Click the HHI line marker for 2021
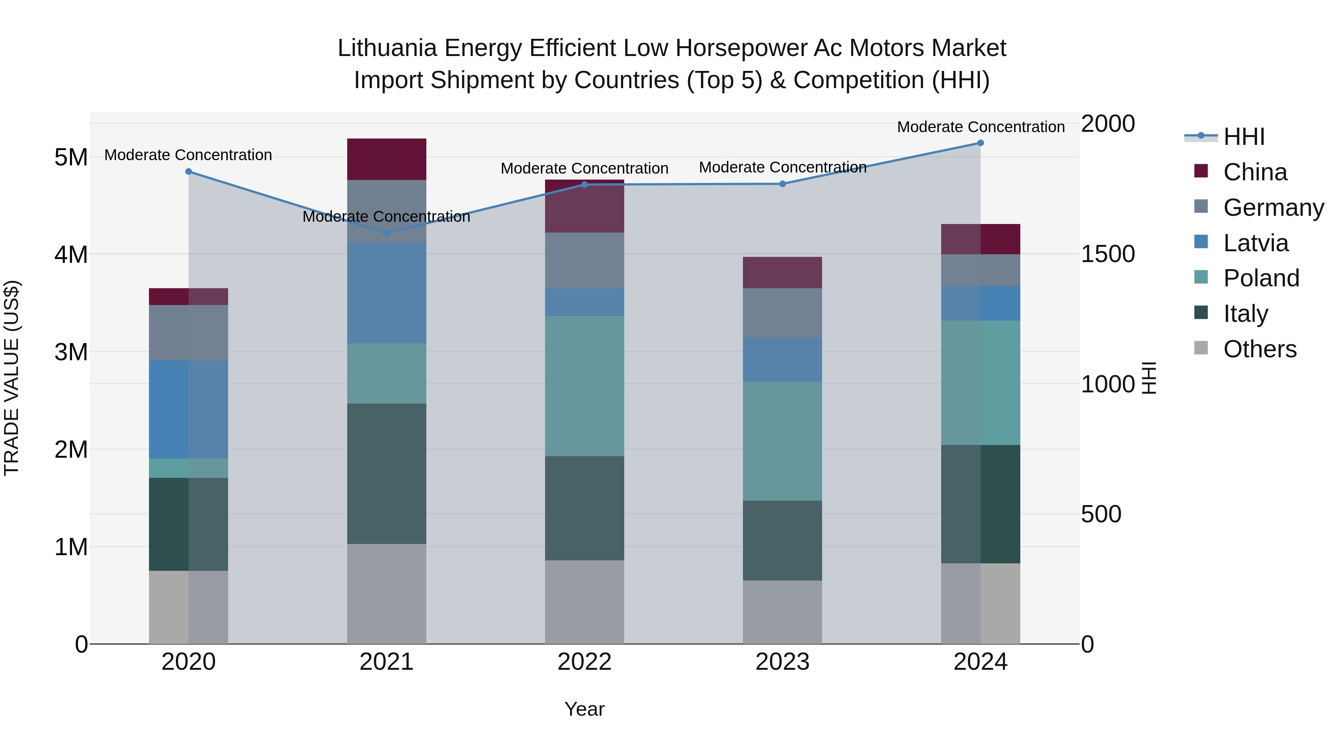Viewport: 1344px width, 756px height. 387,233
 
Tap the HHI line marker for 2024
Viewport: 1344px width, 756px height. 980,143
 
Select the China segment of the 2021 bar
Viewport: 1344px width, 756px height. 387,159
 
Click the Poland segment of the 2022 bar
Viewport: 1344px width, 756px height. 584,386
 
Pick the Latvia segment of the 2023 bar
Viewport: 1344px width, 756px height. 782,360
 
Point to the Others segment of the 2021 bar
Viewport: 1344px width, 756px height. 387,594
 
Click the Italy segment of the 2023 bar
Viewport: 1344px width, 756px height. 782,541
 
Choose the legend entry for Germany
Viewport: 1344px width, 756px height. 1273,208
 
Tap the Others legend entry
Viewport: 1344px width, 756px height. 1260,349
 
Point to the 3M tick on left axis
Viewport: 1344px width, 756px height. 71,352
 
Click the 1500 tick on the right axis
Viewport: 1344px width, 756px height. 1108,254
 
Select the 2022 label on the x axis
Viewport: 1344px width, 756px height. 584,662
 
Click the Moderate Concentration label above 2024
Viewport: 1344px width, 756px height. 980,127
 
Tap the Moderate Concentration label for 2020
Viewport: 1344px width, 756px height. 189,155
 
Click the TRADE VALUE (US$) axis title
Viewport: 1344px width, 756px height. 12,378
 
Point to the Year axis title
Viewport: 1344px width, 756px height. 584,709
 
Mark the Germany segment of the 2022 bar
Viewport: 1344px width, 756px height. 584,261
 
